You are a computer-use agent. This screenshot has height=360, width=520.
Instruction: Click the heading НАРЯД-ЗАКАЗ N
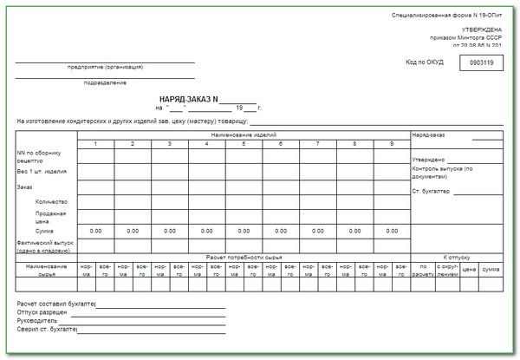point(189,99)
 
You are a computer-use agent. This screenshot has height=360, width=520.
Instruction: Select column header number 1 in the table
point(95,143)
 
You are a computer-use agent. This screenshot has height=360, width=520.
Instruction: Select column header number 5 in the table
point(244,143)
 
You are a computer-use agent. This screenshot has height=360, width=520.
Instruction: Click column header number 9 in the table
point(392,143)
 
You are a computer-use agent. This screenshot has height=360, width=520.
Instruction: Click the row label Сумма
point(44,231)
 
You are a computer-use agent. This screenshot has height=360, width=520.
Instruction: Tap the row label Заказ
point(24,187)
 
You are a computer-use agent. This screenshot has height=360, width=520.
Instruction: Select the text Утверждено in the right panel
point(428,160)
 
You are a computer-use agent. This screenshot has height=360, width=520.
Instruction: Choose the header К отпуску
point(456,258)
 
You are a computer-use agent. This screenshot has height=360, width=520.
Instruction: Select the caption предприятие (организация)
point(105,67)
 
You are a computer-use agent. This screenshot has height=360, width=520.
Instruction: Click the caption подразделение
point(105,82)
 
